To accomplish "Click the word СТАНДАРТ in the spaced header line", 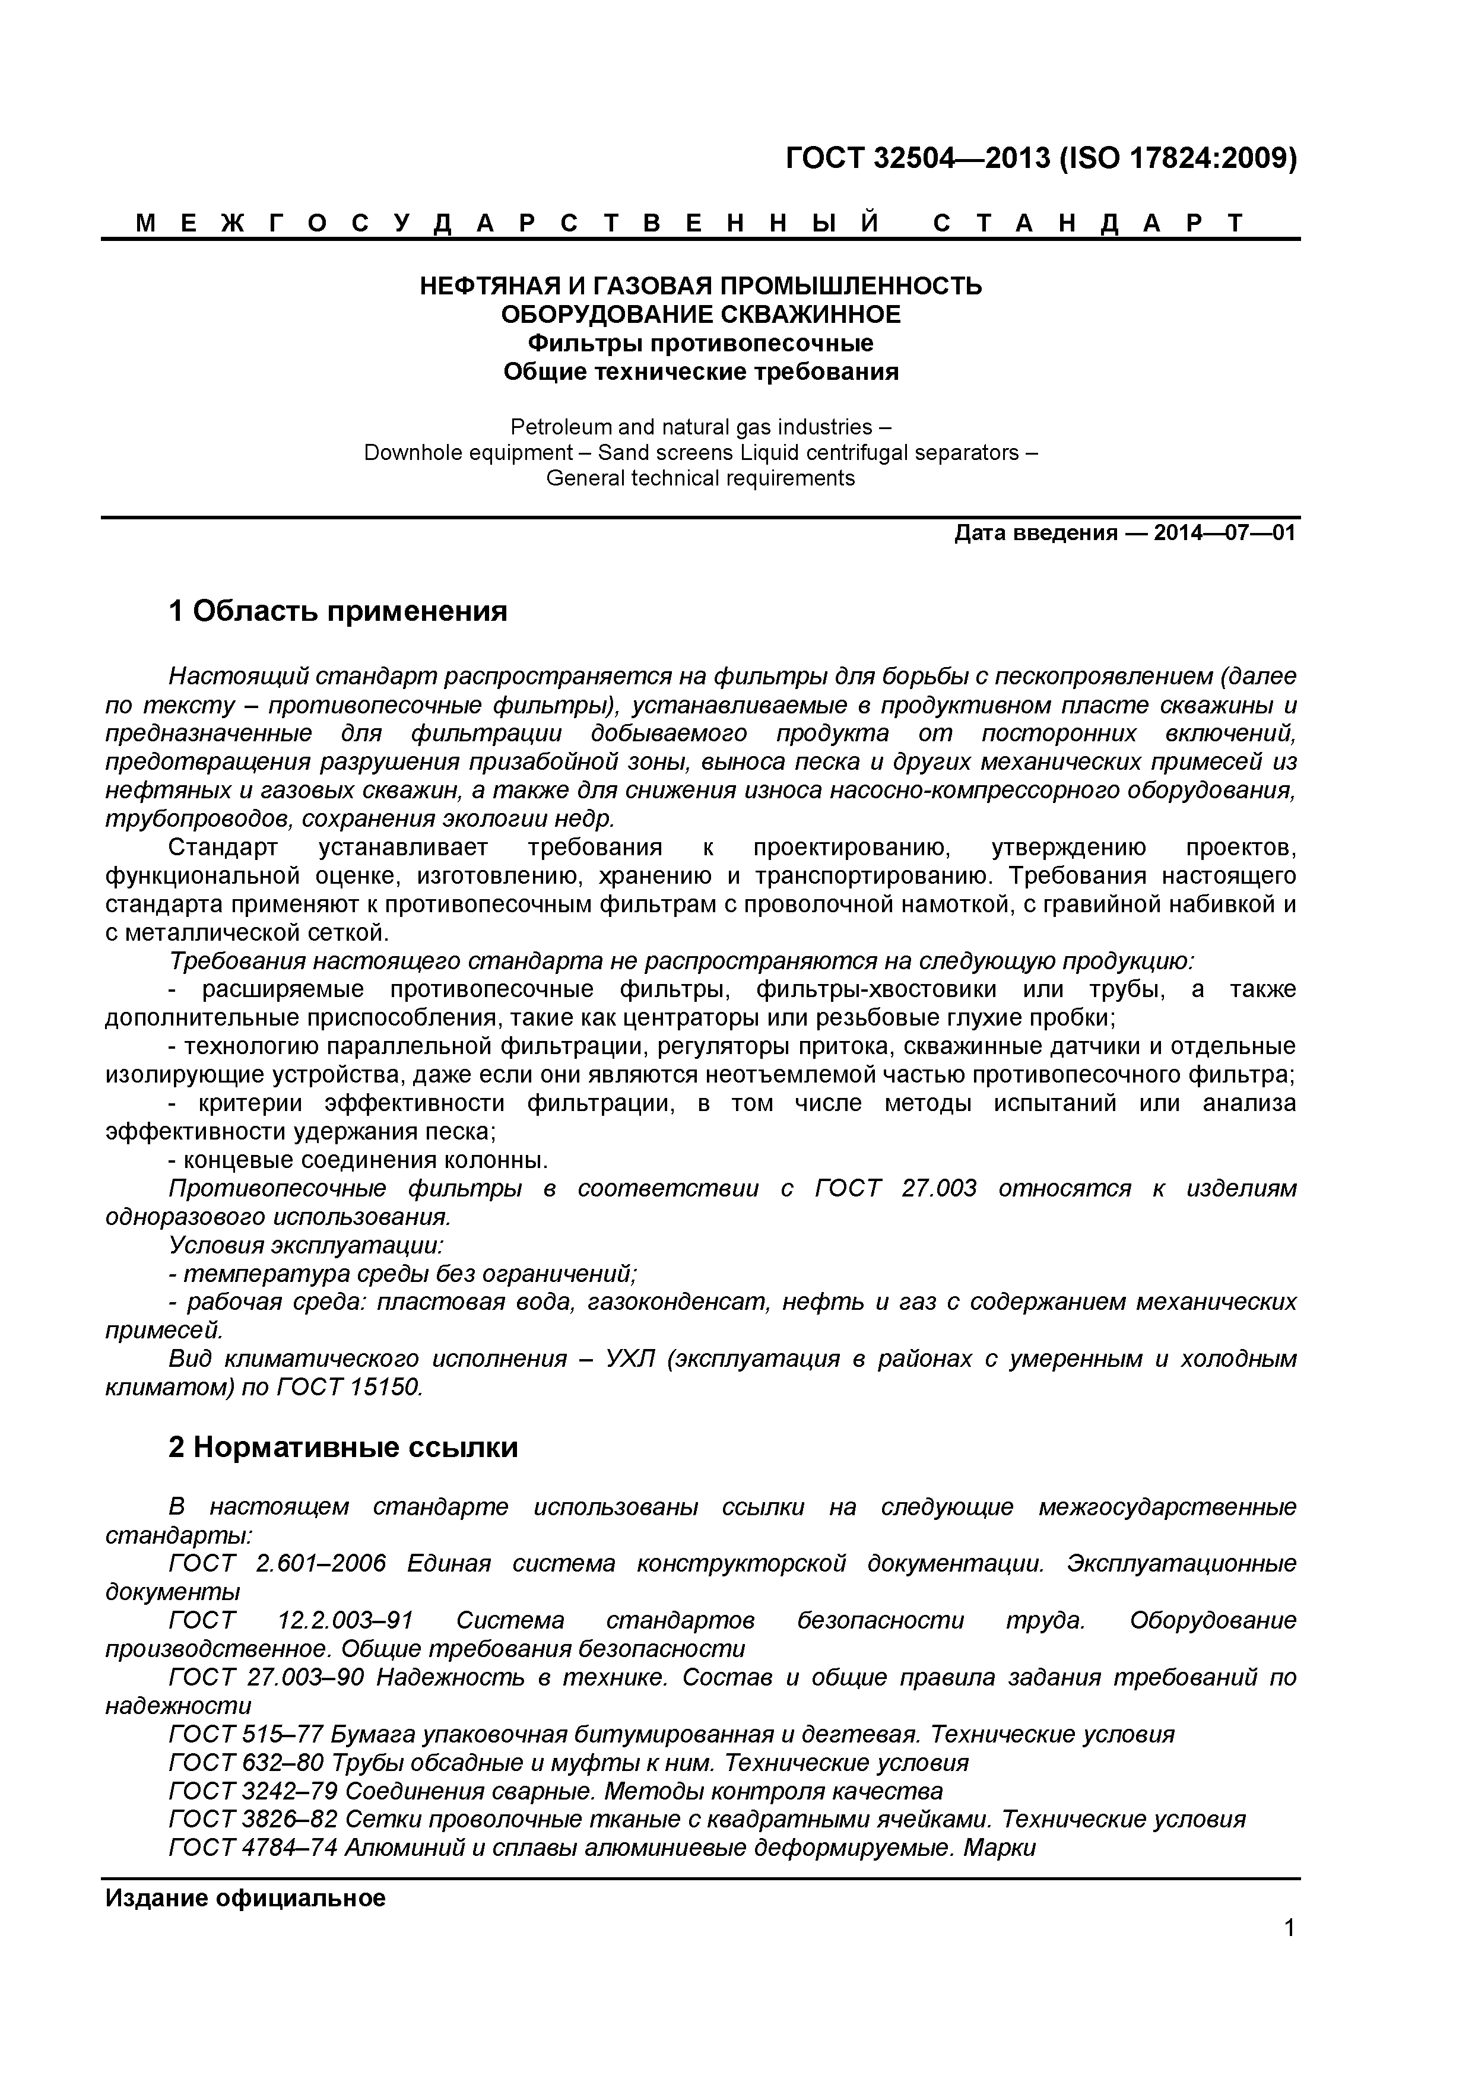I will click(1089, 223).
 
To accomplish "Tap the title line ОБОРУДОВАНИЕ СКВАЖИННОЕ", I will click(701, 315).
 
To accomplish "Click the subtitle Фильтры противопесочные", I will click(701, 344).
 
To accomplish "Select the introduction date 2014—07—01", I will click(1224, 532).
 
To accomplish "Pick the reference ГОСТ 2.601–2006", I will click(278, 1563).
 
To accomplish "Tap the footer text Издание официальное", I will click(246, 1899).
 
